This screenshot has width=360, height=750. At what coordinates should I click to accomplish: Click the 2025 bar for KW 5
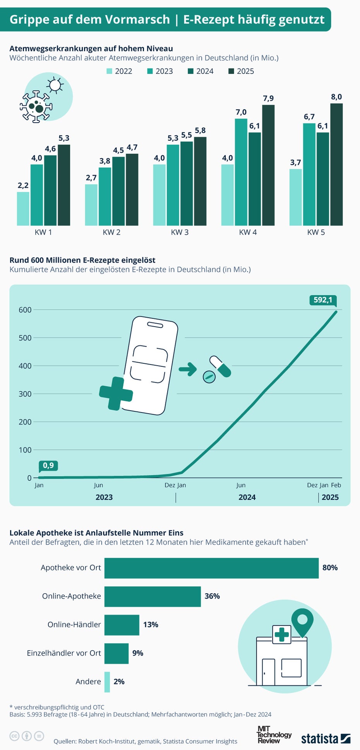coord(336,164)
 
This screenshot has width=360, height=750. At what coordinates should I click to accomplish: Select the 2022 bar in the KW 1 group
coord(23,209)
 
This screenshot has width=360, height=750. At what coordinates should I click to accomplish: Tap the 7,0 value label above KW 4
coord(241,112)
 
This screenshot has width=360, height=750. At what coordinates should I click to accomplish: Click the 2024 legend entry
coord(201,71)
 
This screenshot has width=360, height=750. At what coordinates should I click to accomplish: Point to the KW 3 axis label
coord(180,232)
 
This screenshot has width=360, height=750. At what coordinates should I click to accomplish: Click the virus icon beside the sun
coord(36,106)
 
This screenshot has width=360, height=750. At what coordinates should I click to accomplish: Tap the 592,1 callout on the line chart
coord(323,300)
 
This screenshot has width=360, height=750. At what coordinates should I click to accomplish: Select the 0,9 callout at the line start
coord(48,465)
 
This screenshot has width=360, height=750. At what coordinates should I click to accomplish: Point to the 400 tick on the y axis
coord(25,366)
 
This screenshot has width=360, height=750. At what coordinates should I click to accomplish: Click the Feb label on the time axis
coord(336,485)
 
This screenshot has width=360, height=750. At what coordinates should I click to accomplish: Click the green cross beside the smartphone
coord(116,394)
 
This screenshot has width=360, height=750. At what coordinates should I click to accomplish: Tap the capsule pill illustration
coord(220,366)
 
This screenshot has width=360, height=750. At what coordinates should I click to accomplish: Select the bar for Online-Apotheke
coord(153,596)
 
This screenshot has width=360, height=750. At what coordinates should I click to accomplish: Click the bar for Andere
coord(107,682)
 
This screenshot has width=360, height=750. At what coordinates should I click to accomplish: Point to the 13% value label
coord(151,625)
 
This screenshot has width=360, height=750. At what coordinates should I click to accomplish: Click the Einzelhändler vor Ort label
coord(64,653)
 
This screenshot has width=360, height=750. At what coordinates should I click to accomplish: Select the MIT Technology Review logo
coord(274,735)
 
